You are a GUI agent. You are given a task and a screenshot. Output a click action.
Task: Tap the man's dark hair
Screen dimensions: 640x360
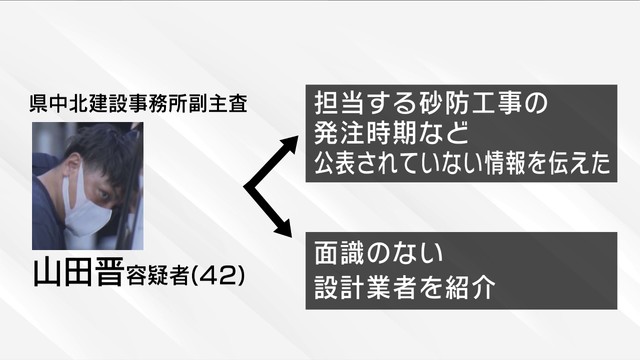pyautogui.click(x=98, y=150)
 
